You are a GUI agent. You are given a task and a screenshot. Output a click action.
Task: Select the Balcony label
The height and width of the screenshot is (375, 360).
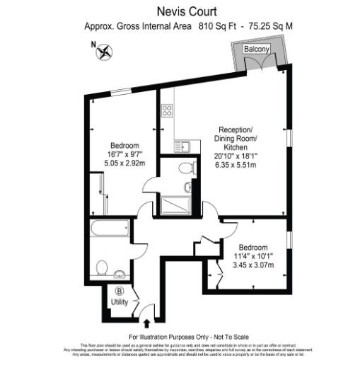(x=256, y=49)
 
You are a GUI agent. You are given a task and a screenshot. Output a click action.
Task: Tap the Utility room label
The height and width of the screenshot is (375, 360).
(x=120, y=302)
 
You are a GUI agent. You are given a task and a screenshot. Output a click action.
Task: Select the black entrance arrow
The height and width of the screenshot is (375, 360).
(x=147, y=323)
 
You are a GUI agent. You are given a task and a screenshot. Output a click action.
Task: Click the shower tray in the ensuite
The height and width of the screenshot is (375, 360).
(x=173, y=206)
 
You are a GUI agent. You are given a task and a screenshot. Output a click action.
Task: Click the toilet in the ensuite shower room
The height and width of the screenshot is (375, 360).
(x=186, y=168)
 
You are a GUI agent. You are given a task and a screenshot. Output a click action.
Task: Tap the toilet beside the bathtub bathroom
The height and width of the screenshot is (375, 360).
(x=101, y=267)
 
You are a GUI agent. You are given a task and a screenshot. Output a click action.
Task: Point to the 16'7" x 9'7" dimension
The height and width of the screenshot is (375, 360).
(x=124, y=154)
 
